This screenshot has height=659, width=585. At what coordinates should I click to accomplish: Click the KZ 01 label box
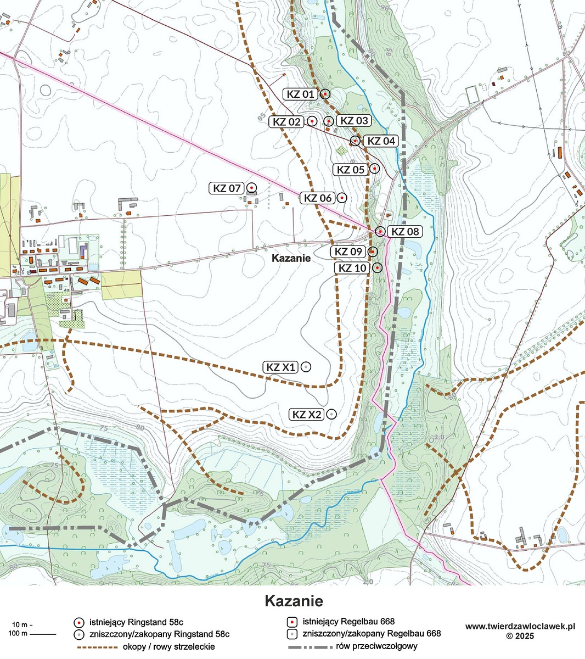tap(300, 94)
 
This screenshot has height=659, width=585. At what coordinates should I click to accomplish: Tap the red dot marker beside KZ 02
tap(312, 121)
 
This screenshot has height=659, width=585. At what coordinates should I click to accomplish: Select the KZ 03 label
tap(354, 121)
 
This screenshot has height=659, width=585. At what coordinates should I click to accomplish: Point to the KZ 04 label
tap(381, 141)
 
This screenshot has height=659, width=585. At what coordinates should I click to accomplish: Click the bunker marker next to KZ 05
tap(374, 169)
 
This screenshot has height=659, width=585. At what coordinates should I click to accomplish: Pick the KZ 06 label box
tap(318, 198)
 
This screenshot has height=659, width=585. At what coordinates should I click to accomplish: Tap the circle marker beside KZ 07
tap(251, 188)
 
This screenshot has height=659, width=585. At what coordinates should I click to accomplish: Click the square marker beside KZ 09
tap(372, 252)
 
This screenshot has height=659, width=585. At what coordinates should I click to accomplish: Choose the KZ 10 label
tap(352, 268)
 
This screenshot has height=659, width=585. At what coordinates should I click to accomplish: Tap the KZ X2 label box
tap(307, 415)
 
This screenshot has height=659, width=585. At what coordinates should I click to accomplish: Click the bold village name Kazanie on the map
tap(291, 258)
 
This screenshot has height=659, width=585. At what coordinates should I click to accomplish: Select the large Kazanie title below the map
tap(294, 600)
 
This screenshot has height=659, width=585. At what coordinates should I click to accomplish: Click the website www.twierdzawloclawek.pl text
tap(520, 626)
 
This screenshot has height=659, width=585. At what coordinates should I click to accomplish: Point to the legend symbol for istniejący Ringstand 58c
tap(79, 622)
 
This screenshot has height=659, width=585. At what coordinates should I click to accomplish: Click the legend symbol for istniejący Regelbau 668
tap(292, 622)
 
